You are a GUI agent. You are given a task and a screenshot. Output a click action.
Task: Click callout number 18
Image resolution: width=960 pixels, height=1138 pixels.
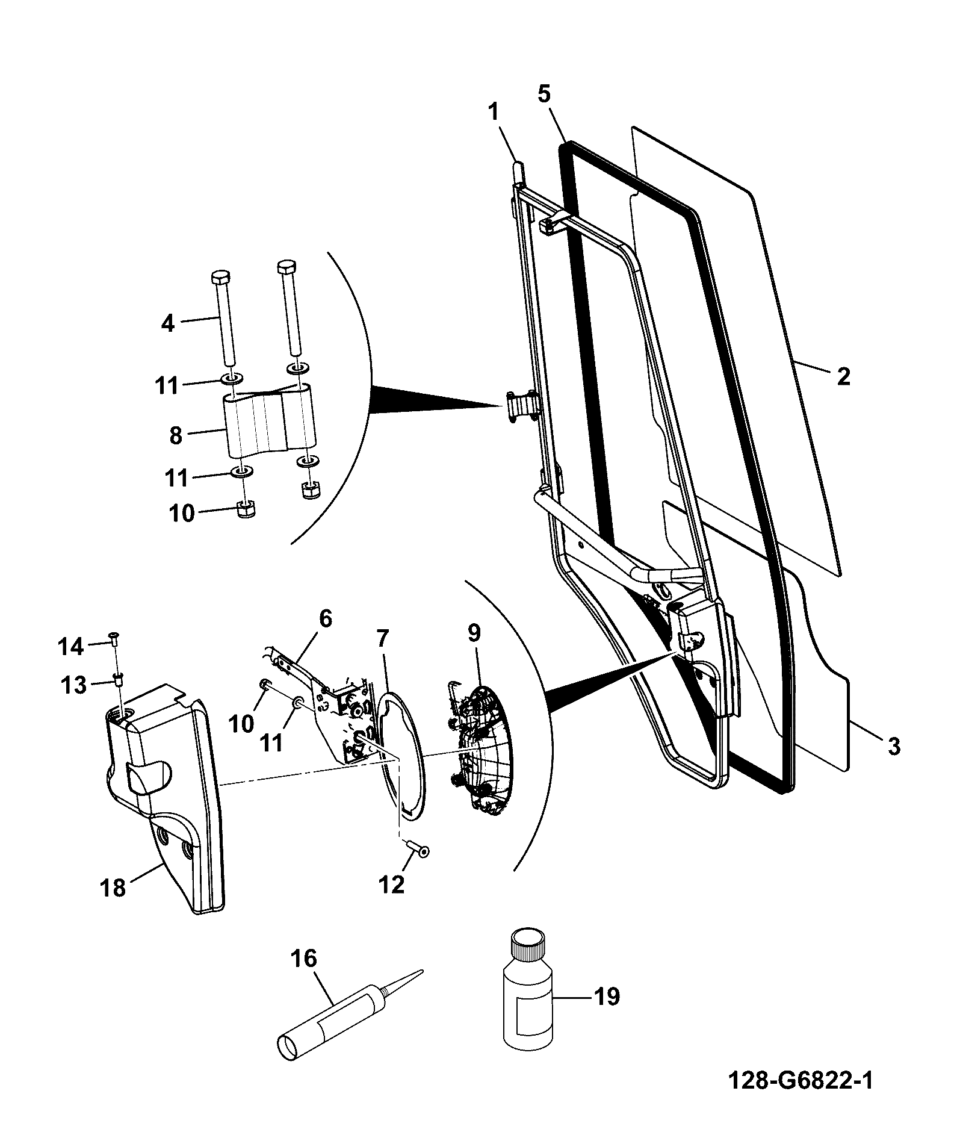[114, 888]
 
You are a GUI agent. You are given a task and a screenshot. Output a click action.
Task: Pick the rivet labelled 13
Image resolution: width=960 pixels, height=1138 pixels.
[118, 680]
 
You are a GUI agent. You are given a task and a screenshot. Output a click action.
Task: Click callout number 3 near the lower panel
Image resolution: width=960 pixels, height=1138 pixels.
[894, 747]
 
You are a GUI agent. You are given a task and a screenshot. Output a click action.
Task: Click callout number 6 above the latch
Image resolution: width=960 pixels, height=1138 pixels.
[325, 619]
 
